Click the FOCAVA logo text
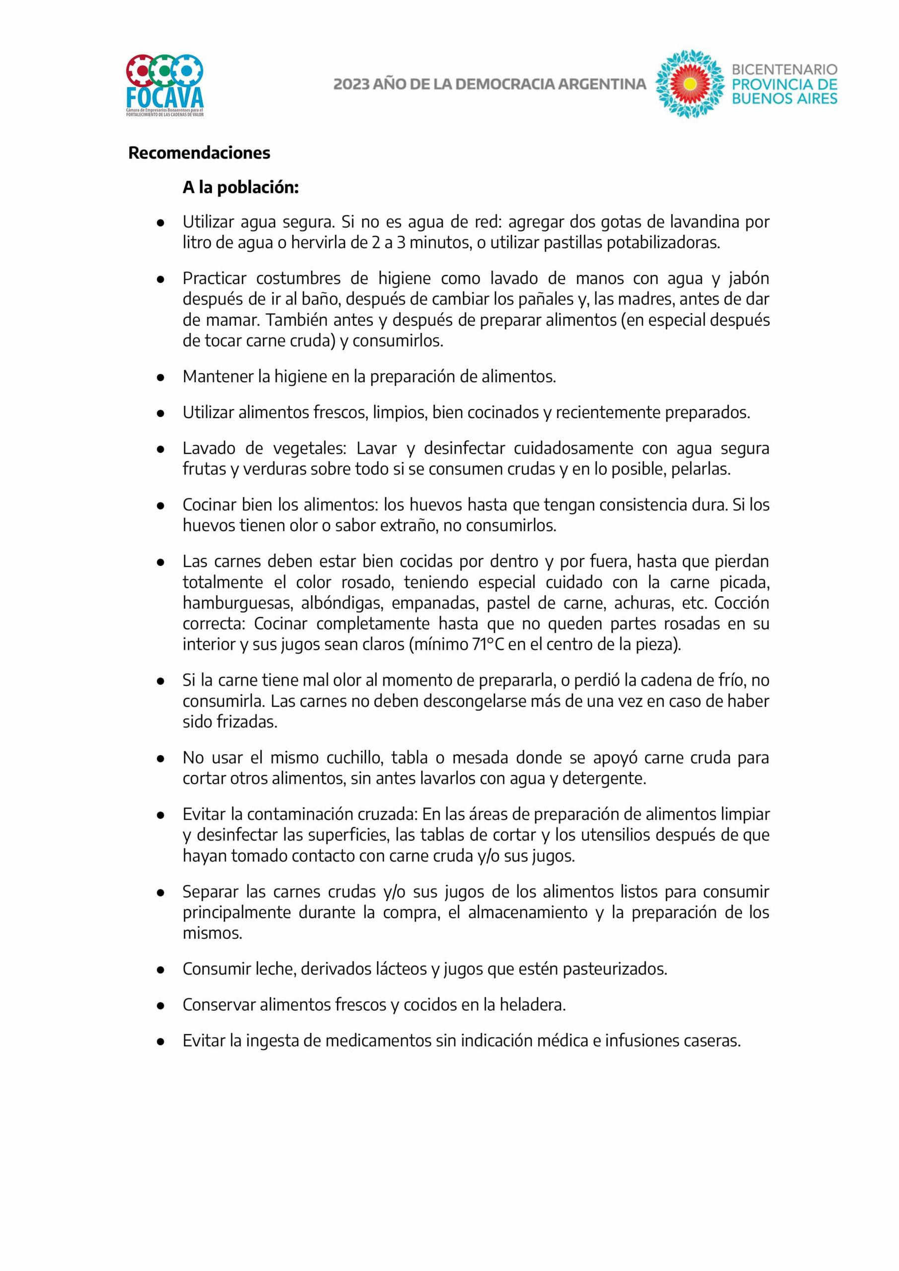[165, 97]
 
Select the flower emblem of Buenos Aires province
[690, 84]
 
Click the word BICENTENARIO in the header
[784, 70]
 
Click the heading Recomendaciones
[199, 153]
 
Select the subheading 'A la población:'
[241, 188]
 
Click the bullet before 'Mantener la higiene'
[160, 377]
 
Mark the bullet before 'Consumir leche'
[160, 970]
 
